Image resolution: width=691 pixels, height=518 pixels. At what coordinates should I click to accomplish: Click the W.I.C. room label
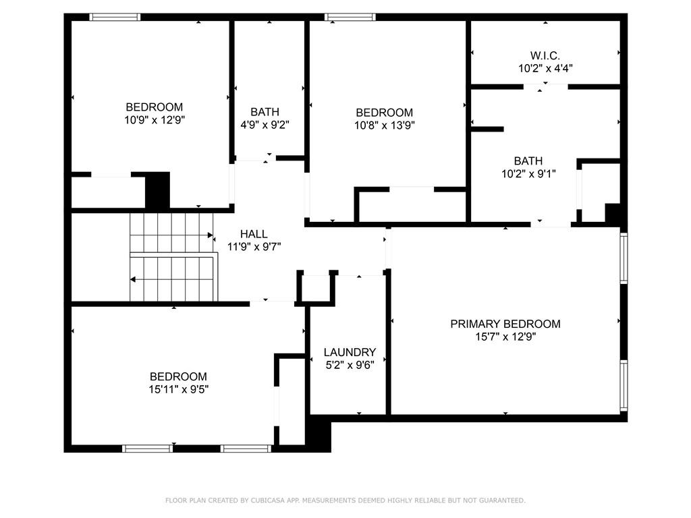tap(545, 55)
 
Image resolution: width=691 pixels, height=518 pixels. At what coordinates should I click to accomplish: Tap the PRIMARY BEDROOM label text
tap(505, 324)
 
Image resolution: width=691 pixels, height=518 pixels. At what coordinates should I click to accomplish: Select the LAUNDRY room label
tap(350, 352)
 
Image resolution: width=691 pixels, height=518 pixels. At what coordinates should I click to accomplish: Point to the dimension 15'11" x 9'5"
tap(179, 389)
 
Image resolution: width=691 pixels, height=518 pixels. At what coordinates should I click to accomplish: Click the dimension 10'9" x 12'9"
tap(155, 119)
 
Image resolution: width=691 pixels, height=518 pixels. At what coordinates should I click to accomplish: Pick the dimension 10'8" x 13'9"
tap(384, 125)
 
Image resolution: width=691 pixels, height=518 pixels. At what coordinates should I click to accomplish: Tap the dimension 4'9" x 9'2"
tap(265, 124)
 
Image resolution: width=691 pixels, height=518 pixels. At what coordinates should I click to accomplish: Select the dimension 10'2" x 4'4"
tap(545, 68)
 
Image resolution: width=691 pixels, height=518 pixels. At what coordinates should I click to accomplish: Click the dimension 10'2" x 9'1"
tap(528, 173)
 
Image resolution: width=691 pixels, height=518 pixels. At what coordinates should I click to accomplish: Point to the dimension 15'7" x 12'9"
tap(505, 337)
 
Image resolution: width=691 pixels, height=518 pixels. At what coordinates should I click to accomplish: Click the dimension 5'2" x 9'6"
tap(350, 365)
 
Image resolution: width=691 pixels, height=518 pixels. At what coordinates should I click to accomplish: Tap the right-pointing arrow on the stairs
tap(211, 235)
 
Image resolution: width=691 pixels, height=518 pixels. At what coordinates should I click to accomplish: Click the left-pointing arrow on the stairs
tap(134, 279)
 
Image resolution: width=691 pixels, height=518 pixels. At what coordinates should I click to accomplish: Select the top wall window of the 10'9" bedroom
tap(115, 17)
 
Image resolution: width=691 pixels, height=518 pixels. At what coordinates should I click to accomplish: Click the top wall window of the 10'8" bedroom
tap(350, 17)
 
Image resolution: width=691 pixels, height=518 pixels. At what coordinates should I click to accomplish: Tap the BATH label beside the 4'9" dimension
tap(265, 112)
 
